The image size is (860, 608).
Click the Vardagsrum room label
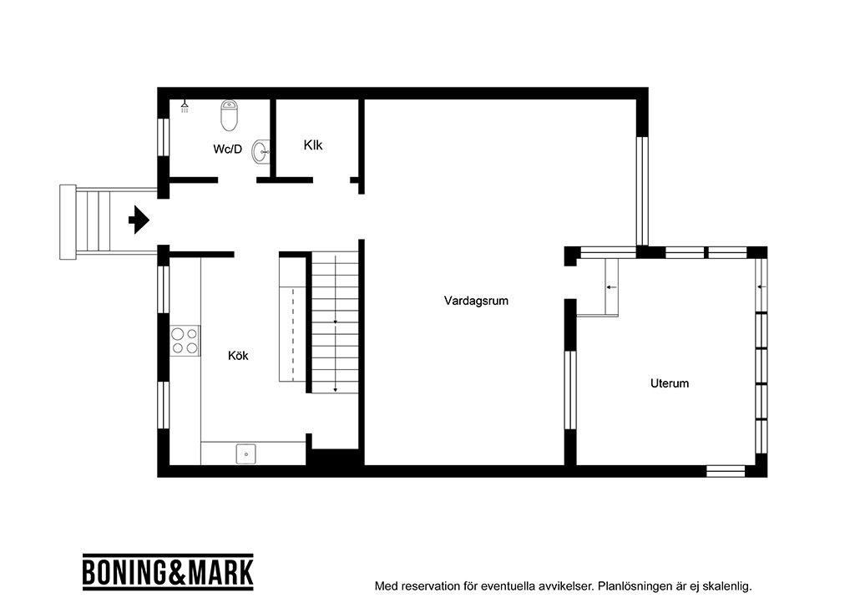tap(476, 301)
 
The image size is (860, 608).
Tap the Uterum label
tap(669, 383)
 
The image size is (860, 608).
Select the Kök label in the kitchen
tap(238, 356)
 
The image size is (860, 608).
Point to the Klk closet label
tap(313, 144)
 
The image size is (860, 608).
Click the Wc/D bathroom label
tap(228, 149)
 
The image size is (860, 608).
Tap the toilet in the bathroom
tap(230, 115)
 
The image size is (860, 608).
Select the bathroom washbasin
tap(261, 151)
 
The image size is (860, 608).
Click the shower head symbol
tap(185, 106)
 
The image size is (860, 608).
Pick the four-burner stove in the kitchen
tap(185, 341)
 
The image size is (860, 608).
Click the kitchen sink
tap(246, 454)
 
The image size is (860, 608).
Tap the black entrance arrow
tap(139, 220)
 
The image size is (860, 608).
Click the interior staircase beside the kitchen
tap(335, 322)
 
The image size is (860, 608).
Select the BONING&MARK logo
tap(168, 572)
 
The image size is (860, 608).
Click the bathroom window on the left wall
tap(164, 137)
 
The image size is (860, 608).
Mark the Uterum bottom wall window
tap(725, 471)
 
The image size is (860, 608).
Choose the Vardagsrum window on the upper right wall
tap(642, 191)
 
